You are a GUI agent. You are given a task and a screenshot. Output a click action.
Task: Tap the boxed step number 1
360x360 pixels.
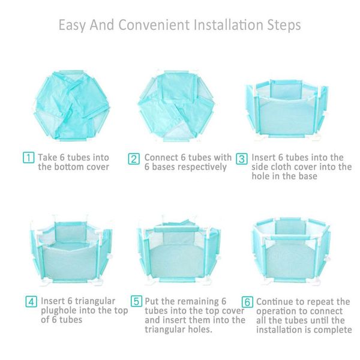click(x=28, y=158)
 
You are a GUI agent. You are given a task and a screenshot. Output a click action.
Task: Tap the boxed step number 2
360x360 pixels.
click(x=134, y=159)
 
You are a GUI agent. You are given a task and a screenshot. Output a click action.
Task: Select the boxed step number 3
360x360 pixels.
click(x=241, y=158)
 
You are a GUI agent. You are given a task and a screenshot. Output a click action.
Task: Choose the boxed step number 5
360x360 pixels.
click(x=137, y=301)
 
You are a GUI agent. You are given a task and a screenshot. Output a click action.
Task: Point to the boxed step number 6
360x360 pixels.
click(x=247, y=301)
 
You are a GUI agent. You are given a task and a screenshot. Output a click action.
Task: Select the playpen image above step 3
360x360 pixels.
click(x=287, y=108)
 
